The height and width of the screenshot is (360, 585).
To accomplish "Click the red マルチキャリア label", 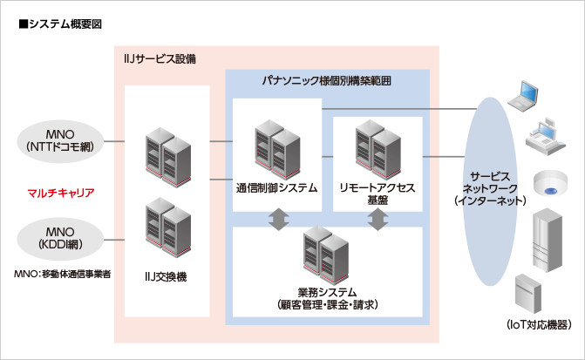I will [x=60, y=192].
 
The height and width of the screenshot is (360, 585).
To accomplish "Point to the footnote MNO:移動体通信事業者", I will [x=62, y=274].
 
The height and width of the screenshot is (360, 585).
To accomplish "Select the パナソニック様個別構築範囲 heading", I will [x=327, y=80].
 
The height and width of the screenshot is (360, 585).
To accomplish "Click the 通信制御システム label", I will [x=276, y=187].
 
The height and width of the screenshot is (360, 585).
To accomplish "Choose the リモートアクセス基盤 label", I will [x=377, y=194].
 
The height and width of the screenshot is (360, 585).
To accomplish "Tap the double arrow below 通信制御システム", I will [x=276, y=220].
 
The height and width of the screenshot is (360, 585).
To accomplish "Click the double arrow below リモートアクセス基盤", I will [x=377, y=220].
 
